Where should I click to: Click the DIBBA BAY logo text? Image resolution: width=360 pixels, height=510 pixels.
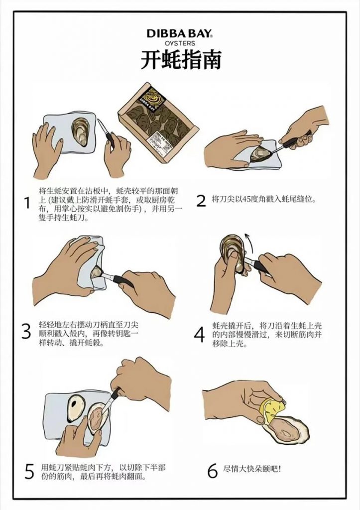180,33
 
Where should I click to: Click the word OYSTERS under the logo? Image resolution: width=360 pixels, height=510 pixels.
180,43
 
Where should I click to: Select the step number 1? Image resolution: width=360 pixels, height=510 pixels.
28,203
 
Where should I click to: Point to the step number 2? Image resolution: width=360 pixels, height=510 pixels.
201,201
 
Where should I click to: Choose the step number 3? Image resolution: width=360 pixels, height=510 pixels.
27,331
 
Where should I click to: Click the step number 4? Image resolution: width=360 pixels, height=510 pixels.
199,335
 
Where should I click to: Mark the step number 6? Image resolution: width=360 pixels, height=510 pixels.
212,471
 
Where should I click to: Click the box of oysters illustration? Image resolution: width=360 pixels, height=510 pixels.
158,123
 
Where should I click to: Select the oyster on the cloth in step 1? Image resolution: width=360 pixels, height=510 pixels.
80,131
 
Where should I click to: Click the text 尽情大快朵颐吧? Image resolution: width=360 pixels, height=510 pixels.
252,469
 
